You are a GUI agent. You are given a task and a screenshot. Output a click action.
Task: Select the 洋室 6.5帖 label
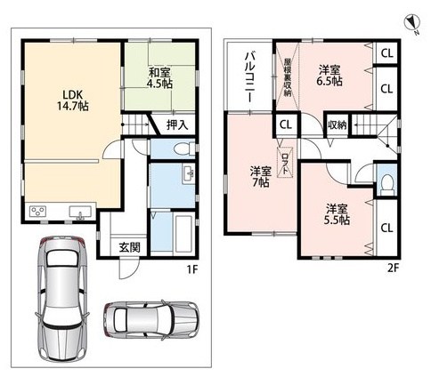tap(329, 74)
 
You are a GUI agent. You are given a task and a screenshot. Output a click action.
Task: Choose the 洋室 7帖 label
tap(260, 175)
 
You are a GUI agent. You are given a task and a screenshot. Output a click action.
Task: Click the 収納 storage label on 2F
tap(337, 124)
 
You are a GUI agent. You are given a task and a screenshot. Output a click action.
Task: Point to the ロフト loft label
tap(284, 162)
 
